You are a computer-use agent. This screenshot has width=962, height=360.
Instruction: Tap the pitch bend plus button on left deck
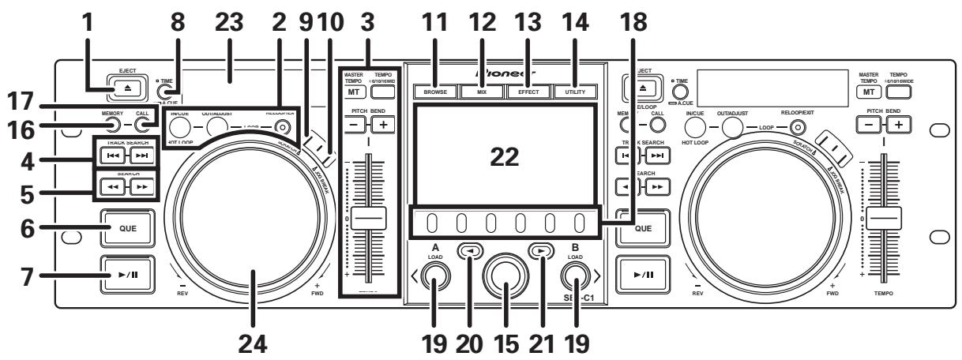point(382,126)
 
